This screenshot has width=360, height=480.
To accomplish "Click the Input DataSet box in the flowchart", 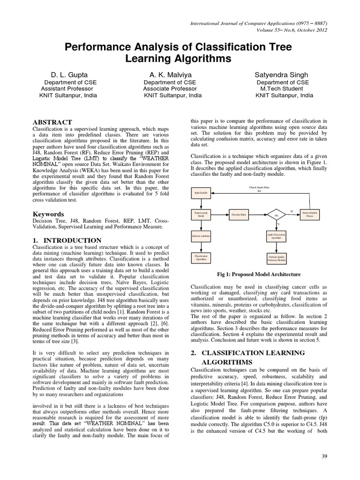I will pos(201,192).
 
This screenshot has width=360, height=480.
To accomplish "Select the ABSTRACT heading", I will pos(52,122).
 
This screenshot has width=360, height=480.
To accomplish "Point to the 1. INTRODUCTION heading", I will pos(67,240).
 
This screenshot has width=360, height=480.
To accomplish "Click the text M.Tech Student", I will pos(283,88).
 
